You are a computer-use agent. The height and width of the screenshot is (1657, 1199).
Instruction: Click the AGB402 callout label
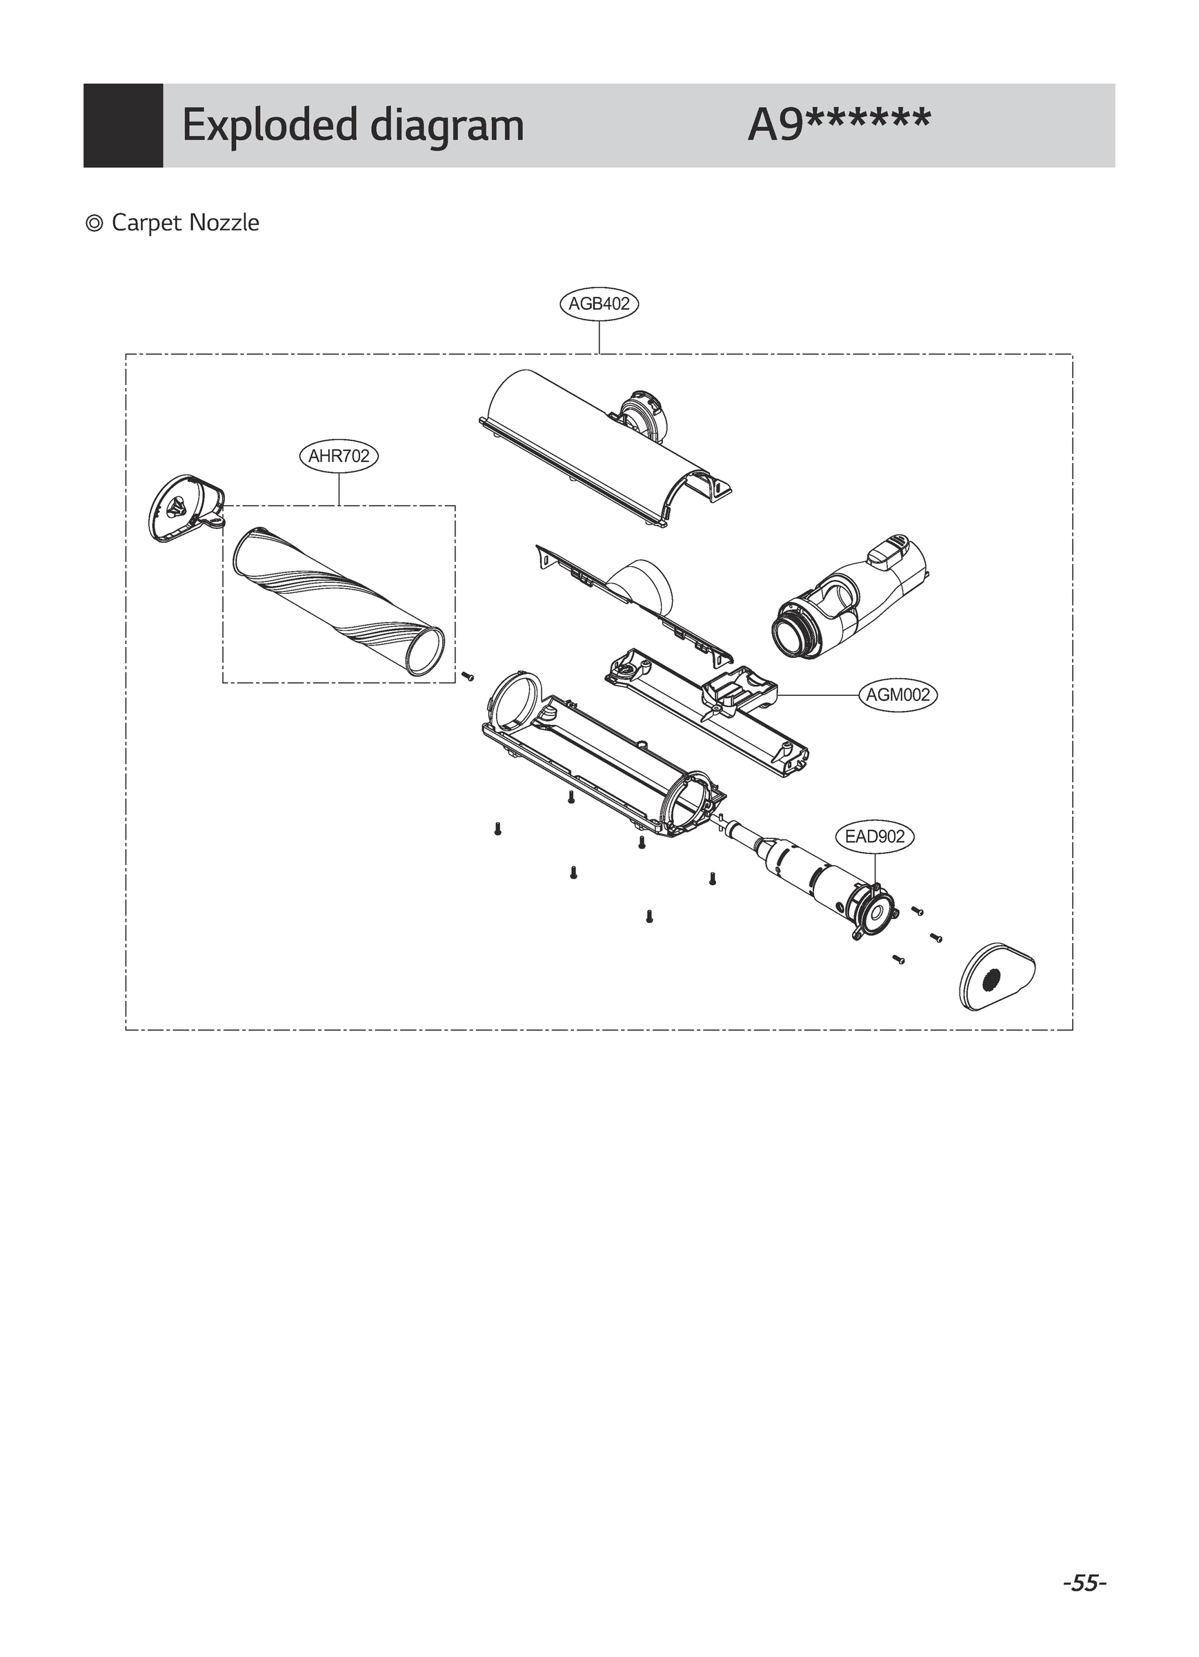(x=599, y=303)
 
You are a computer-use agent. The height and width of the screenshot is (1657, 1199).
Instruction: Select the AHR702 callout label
(x=339, y=456)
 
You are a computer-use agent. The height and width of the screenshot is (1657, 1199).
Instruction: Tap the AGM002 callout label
(x=898, y=695)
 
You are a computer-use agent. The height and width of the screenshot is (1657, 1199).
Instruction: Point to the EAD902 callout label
(x=874, y=837)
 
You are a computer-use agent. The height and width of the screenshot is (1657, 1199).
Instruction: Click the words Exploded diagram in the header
(x=353, y=125)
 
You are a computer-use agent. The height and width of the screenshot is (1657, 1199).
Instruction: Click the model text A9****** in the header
(x=839, y=125)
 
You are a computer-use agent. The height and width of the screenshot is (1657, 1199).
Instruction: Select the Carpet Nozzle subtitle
(x=185, y=223)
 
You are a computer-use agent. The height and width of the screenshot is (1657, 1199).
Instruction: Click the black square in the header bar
(x=123, y=125)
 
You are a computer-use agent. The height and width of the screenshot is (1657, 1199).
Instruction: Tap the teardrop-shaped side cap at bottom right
(x=997, y=977)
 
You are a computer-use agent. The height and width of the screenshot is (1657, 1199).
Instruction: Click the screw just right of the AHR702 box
(x=468, y=676)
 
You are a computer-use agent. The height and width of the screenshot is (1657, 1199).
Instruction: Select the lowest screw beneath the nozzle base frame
(x=648, y=915)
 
